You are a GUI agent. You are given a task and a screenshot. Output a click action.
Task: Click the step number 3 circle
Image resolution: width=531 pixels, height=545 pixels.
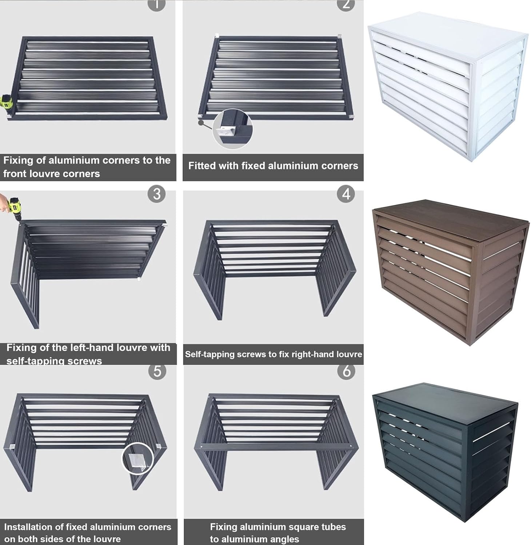click(x=156, y=194)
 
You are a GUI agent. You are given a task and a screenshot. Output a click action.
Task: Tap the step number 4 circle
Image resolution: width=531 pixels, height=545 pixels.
click(x=346, y=194)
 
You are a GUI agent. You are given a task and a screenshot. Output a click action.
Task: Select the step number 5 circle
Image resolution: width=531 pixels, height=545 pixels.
click(x=157, y=371)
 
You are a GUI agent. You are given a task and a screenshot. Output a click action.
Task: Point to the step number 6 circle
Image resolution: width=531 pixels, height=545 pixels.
click(x=346, y=371)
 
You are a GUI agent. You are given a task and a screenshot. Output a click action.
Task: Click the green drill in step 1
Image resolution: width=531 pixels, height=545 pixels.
click(x=6, y=103)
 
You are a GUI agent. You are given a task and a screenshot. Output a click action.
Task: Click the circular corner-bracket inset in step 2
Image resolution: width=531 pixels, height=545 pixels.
click(x=232, y=129)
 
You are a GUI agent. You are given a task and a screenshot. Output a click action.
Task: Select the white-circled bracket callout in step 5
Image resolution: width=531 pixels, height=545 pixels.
click(x=137, y=457)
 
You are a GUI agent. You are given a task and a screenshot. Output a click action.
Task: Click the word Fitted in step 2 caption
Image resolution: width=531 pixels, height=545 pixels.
click(x=200, y=166)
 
